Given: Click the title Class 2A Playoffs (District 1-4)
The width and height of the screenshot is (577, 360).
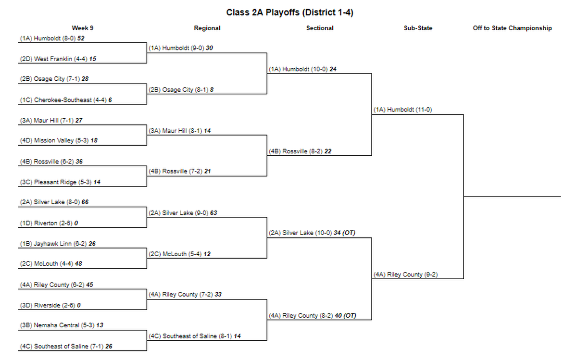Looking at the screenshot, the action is coord(289,12).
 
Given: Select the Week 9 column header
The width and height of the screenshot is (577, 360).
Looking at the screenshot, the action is coord(82,28).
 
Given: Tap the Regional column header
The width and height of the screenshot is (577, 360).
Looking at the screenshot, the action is coord(207,28).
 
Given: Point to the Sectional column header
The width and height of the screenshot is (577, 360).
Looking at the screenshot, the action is coord(320,28).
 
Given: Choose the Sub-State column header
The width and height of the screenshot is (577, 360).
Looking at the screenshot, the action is coord(418,28).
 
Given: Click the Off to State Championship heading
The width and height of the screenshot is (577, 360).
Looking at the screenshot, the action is coord(513,28).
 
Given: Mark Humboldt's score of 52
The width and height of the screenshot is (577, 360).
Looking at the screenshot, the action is coord(81,38).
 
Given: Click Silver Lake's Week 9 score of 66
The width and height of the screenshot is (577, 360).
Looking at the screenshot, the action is coord(85,202).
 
